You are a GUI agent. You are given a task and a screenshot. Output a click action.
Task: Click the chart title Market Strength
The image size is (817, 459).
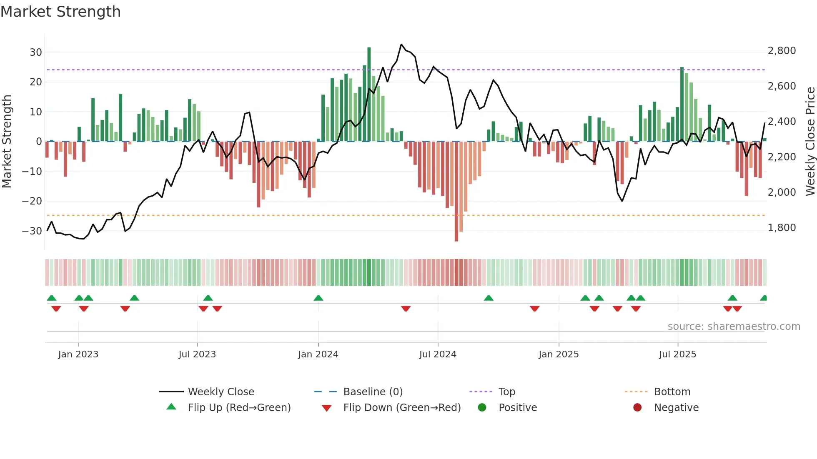pos(61,12)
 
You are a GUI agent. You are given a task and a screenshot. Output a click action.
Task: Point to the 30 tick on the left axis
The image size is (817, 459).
pos(35,52)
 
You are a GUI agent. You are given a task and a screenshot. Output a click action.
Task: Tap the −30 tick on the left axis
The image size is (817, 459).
pos(32,231)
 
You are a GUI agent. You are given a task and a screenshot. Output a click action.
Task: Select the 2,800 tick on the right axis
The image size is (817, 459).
pos(782,51)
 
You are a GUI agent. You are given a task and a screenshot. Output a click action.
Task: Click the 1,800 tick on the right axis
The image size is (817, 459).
pos(782,228)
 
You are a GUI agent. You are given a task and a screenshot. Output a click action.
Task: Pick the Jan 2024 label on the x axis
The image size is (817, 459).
pos(318,354)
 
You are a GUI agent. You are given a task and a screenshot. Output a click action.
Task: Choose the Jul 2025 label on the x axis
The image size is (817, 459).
pos(677,354)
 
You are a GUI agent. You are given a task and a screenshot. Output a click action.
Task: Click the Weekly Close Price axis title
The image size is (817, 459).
pos(810,142)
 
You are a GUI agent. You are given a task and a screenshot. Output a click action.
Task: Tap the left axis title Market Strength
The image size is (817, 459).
pos(7,142)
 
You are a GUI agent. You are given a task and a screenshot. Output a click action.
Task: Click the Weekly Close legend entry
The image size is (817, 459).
pos(221,392)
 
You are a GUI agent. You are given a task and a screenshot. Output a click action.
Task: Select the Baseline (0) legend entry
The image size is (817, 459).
pos(373,392)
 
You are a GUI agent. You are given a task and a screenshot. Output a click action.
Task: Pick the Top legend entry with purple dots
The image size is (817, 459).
pos(506,392)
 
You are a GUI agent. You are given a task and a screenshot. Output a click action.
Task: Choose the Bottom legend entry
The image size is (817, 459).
pos(672,392)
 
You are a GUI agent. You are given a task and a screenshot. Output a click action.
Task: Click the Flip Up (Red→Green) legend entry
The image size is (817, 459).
pos(239,408)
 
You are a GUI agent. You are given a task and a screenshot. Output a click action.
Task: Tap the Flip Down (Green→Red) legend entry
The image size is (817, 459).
pos(401,408)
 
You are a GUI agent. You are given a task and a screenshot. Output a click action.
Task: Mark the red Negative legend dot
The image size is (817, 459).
pos(637,408)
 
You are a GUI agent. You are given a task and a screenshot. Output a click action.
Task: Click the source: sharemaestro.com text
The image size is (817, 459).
pos(734,327)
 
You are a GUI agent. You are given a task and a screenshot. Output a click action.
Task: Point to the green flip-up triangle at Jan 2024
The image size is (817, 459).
pos(318,298)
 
